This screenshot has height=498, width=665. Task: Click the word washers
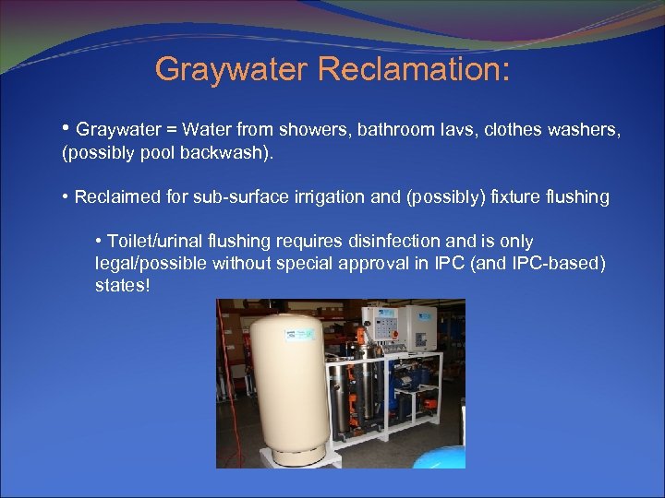point(586,129)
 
